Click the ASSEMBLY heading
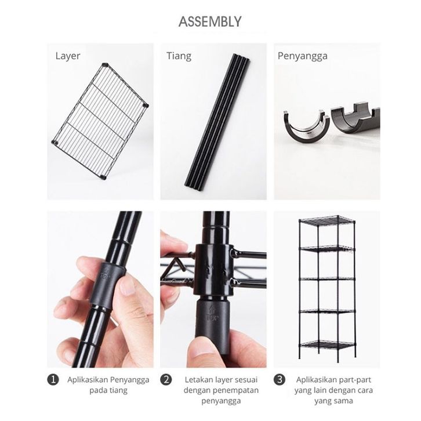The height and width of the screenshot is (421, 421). click(210, 22)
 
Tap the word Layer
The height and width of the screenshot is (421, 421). click(68, 56)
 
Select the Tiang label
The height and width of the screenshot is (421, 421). click(179, 56)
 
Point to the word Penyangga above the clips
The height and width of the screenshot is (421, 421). click(302, 56)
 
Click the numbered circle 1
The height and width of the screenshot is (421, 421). click(53, 380)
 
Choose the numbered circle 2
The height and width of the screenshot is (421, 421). click(166, 380)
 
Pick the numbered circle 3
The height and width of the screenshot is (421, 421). click(280, 380)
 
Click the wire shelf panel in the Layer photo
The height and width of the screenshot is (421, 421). click(100, 121)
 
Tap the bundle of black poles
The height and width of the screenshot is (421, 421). click(217, 122)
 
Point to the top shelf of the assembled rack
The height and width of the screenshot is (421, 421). click(327, 221)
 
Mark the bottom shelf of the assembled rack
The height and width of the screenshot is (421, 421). click(327, 345)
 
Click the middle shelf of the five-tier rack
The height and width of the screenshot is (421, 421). click(327, 279)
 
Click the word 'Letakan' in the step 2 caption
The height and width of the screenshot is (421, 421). click(198, 380)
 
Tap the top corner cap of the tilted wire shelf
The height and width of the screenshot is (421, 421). click(106, 64)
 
